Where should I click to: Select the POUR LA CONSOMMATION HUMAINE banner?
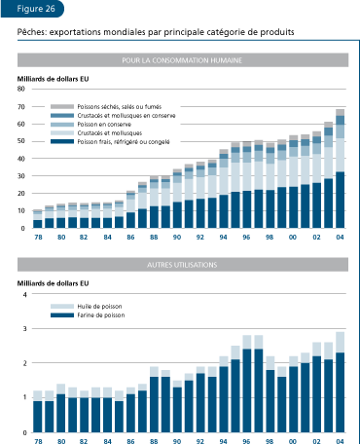(183, 60)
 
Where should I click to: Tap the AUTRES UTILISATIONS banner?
(183, 265)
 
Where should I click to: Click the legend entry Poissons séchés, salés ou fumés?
(108, 105)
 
